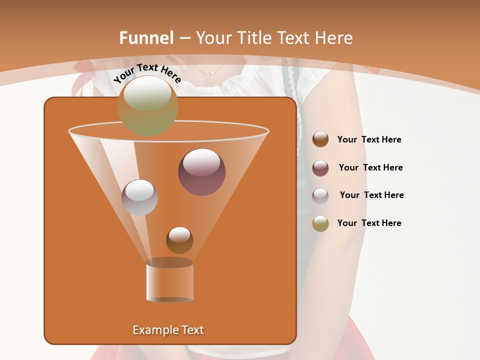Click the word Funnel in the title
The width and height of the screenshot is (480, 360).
[146, 38]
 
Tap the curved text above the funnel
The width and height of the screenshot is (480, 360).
[147, 73]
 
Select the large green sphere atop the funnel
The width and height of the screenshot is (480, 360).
[148, 105]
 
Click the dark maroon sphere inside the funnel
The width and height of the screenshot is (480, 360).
[201, 171]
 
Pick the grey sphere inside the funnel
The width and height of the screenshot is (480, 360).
[139, 197]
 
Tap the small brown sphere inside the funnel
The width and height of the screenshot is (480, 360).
[179, 240]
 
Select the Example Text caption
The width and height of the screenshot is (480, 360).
[168, 330]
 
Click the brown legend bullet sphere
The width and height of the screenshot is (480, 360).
[320, 139]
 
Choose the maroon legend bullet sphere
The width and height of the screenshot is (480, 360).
[320, 167]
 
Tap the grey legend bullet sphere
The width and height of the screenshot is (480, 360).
[320, 195]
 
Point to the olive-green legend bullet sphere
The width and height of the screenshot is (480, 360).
[320, 223]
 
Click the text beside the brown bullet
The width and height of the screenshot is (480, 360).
[369, 140]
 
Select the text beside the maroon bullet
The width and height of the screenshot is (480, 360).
[370, 167]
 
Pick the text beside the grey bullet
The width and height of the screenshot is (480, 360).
[371, 195]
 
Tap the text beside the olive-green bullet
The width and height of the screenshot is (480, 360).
[369, 223]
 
